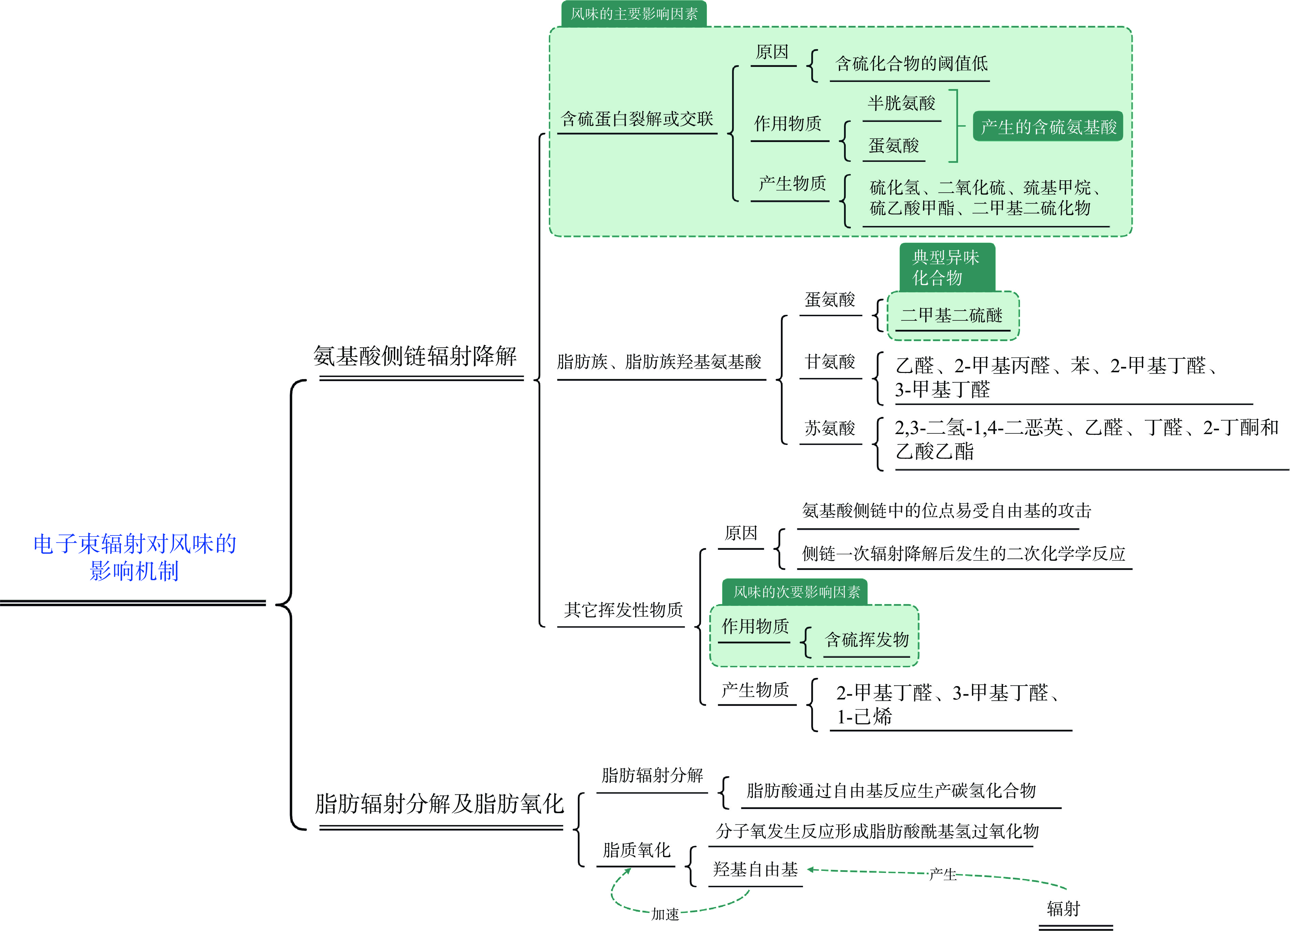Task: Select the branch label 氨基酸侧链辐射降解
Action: tap(415, 356)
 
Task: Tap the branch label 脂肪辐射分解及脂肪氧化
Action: tap(439, 804)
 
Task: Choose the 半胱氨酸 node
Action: tap(902, 103)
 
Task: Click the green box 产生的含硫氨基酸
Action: tap(1048, 126)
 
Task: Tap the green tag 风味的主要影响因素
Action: tap(634, 14)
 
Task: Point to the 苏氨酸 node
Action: tap(830, 428)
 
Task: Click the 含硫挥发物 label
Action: tap(867, 640)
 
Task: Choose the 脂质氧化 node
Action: tap(636, 850)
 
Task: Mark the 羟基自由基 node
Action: tap(755, 870)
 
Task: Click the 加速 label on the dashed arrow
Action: tap(665, 914)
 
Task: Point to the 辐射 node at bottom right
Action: tap(1063, 909)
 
